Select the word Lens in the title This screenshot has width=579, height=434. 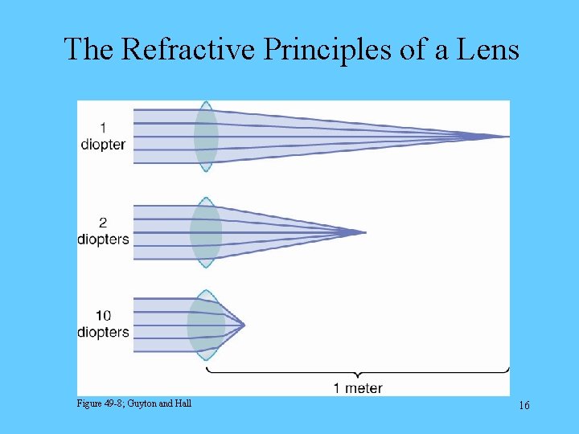488,50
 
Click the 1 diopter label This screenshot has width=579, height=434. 103,136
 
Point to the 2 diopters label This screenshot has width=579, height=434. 103,231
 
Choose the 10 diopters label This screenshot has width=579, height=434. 103,324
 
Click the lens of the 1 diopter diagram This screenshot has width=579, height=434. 206,137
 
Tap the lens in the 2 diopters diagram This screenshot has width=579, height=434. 206,232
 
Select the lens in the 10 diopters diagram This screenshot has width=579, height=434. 205,325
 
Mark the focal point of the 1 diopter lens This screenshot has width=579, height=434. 507,137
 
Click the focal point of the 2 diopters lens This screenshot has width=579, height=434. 364,232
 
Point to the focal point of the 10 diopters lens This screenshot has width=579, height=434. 244,325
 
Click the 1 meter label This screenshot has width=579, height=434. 358,388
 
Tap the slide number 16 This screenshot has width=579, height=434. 524,406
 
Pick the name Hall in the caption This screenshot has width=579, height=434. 183,403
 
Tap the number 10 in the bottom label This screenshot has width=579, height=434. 102,316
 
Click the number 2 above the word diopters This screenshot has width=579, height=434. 103,223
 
